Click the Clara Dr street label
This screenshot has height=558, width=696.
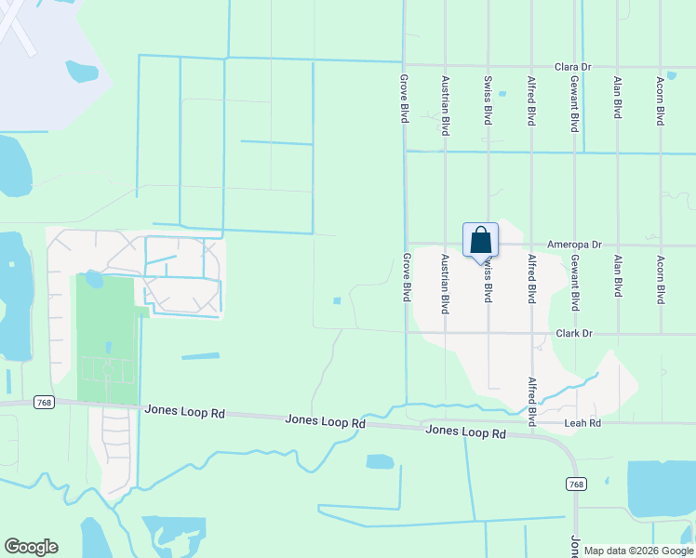pos(572,67)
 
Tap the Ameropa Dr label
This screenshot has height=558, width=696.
pos(574,245)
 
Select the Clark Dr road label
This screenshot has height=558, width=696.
pos(574,332)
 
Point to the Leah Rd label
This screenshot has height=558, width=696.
pos(583,423)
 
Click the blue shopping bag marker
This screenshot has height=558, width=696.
pos(480,240)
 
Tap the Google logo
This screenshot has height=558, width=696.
pos(31,547)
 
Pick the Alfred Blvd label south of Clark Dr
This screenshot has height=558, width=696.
pos(532,402)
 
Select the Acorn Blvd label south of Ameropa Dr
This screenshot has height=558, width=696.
pos(660,280)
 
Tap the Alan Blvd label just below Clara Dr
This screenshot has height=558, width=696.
pos(617,98)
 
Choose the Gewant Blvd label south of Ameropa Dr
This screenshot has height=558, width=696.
pos(575,283)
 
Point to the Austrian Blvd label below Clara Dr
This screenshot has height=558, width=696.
pos(446,105)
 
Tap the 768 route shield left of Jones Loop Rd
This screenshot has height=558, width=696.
pos(43,402)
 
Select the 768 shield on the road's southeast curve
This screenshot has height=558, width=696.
pos(576,484)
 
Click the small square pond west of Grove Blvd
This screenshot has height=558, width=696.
pos(337,300)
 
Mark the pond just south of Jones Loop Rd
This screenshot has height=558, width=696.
pos(380,461)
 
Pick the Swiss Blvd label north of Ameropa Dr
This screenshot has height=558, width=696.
pos(488,100)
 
